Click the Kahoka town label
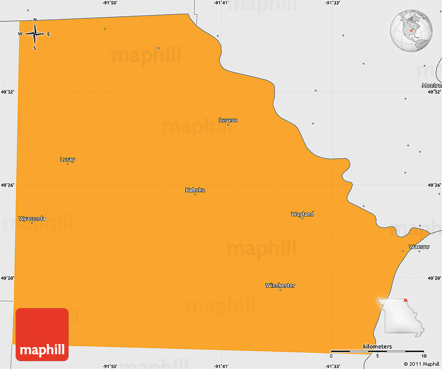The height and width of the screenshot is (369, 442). click(195, 190)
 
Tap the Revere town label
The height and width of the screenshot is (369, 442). click(228, 120)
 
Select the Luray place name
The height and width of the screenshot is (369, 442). click(68, 159)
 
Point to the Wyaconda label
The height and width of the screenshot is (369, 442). click(32, 218)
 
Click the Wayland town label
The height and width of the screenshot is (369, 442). click(302, 214)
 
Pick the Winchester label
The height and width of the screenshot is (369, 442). click(280, 285)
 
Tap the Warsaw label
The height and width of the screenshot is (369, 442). click(419, 246)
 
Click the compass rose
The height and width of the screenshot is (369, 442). click(35, 34)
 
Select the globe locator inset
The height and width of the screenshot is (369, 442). click(411, 31)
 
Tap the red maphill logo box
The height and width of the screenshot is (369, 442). click(42, 335)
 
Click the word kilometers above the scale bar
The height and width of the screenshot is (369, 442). click(378, 347)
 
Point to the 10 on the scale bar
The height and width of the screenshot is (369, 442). click(424, 357)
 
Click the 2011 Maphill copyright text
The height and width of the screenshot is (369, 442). click(421, 364)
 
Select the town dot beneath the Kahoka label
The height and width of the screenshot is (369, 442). click(195, 195)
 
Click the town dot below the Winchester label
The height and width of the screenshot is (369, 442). click(280, 290)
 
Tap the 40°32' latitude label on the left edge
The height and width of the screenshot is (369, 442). click(7, 92)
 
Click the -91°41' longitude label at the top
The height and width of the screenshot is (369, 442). click(221, 3)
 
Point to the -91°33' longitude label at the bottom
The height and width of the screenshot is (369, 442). click(333, 365)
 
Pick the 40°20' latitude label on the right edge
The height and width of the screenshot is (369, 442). click(434, 278)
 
